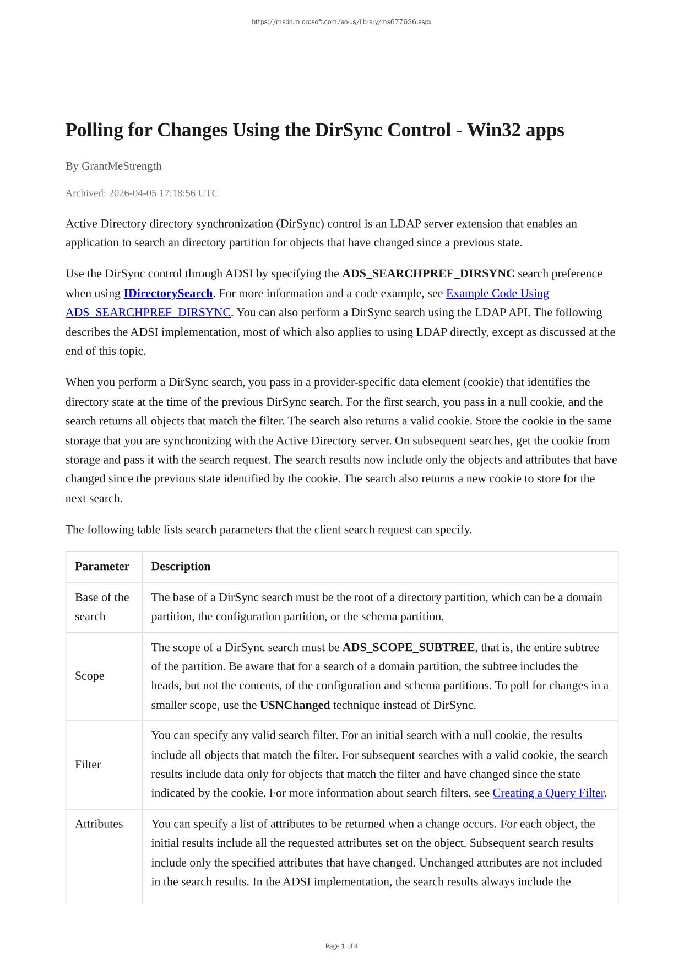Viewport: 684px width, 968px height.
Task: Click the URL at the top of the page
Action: (x=341, y=22)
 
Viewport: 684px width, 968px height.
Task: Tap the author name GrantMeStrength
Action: (x=121, y=166)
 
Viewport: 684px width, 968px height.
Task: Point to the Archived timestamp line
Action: (x=142, y=193)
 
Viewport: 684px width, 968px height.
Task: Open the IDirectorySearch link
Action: (x=168, y=293)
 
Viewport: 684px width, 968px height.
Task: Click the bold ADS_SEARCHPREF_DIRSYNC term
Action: (x=428, y=273)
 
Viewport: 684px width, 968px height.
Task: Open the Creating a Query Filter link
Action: (x=548, y=793)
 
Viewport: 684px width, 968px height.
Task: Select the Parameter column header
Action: (x=102, y=566)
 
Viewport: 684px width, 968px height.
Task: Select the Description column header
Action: (x=181, y=566)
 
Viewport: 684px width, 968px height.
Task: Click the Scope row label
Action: (x=89, y=676)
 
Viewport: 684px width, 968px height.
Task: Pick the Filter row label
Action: (x=88, y=765)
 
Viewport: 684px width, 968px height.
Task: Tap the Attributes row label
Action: (x=99, y=824)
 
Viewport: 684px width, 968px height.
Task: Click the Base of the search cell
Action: (x=102, y=607)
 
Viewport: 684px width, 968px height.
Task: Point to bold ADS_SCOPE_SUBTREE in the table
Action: (x=408, y=647)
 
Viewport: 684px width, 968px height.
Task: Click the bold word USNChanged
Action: (x=295, y=705)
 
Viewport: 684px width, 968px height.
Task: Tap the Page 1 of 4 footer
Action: (x=341, y=946)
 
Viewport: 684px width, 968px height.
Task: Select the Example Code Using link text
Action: (x=497, y=293)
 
